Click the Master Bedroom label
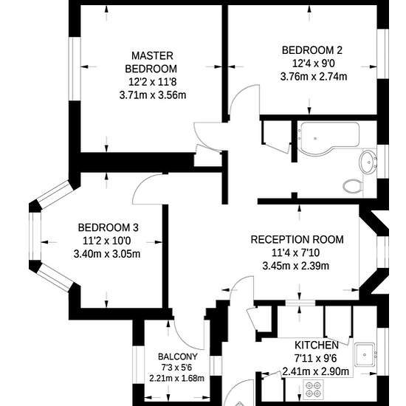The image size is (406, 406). [151, 63]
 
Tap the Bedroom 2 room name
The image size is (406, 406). [312, 50]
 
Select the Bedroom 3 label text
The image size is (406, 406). [109, 227]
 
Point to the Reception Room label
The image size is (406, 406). [297, 239]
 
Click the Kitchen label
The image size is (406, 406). [317, 345]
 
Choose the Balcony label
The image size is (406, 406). [178, 357]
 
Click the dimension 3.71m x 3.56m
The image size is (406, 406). [153, 95]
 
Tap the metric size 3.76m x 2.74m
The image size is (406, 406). [314, 77]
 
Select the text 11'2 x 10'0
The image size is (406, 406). [107, 241]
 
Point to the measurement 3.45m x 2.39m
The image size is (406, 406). [296, 266]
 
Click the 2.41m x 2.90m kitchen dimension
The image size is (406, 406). [316, 371]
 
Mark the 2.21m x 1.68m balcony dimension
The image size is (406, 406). [176, 378]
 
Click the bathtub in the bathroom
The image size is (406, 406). [328, 139]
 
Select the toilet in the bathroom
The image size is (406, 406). [352, 185]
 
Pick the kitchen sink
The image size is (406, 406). [365, 355]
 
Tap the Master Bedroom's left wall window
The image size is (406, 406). [75, 69]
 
